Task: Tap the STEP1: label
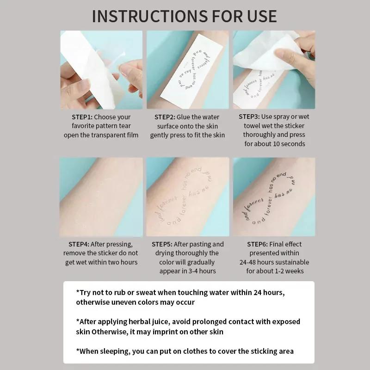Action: pyautogui.click(x=82, y=117)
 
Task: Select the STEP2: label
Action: pyautogui.click(x=165, y=117)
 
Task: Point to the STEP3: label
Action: pyautogui.click(x=249, y=117)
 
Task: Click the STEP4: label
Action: pyautogui.click(x=79, y=244)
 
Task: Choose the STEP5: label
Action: pyautogui.click(x=162, y=244)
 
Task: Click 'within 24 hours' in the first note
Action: pyautogui.click(x=259, y=292)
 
